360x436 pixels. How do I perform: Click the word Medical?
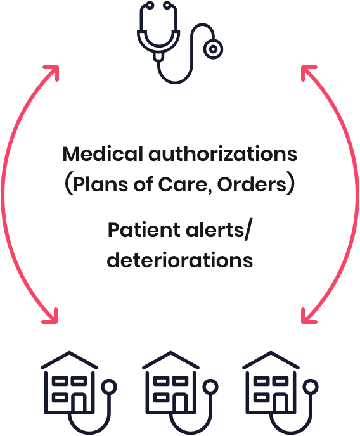(103, 154)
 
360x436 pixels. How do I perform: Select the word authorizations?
(223, 154)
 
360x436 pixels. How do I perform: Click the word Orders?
(252, 184)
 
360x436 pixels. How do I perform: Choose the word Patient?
(144, 231)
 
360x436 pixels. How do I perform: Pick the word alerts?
(215, 231)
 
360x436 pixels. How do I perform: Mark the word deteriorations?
(180, 260)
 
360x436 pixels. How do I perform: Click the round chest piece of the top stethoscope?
(213, 49)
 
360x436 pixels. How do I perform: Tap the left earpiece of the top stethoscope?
(150, 5)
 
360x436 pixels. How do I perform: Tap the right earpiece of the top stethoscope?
(167, 5)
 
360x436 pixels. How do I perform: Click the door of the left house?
(79, 402)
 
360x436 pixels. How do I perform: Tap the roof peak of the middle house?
(170, 352)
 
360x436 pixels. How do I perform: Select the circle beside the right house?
(310, 387)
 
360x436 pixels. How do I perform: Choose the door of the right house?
(280, 402)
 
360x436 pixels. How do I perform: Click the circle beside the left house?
(108, 387)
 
